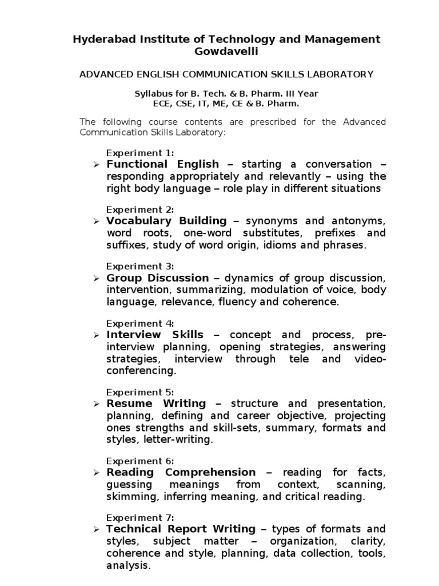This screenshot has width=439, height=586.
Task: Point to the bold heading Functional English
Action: point(163,164)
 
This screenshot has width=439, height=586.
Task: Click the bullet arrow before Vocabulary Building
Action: point(97,221)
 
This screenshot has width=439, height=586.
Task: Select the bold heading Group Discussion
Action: point(158,278)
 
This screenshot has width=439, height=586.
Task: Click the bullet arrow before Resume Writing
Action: point(97,404)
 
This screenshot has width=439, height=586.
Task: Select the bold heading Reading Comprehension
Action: point(181,472)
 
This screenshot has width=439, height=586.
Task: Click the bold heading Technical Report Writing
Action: point(181,529)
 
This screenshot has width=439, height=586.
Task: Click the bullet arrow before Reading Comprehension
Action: point(97,473)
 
